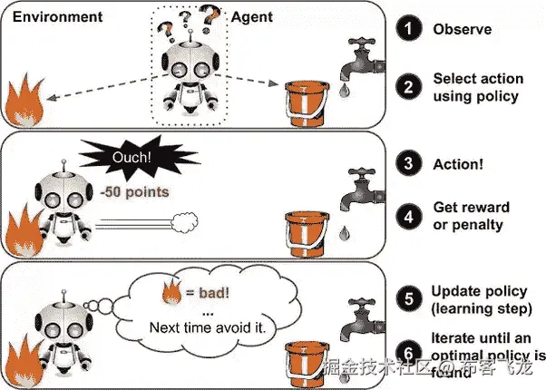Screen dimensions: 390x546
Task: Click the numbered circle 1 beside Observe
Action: (410, 30)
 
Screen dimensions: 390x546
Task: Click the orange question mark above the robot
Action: (210, 15)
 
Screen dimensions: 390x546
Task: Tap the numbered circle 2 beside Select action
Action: (410, 87)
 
